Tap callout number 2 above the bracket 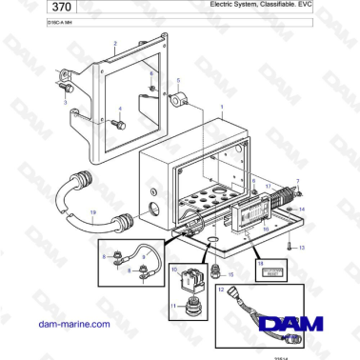pos(114,44)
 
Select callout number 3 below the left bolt pos(65,98)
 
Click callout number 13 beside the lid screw pos(303,247)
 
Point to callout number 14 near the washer pos(303,207)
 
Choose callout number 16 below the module pos(267,229)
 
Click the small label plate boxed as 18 pos(270,270)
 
